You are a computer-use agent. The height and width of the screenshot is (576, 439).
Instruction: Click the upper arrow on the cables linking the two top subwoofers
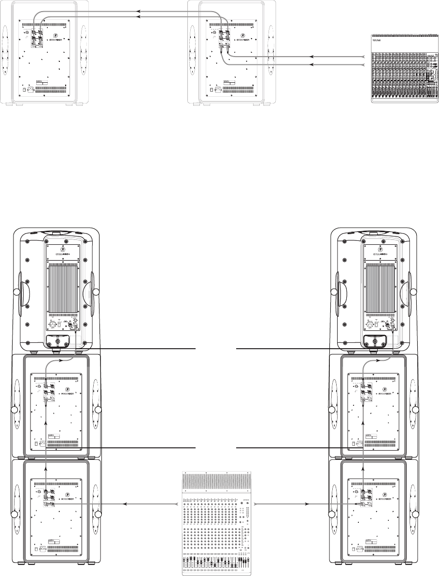139,10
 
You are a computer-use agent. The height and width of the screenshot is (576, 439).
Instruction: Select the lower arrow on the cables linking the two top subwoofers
139,16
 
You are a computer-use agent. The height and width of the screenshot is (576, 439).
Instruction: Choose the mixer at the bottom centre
217,522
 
